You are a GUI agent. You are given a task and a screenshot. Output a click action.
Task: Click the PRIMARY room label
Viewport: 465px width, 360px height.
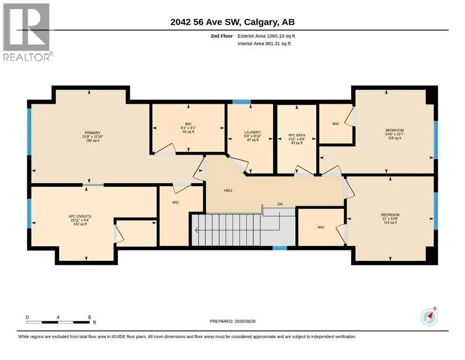point(93,133)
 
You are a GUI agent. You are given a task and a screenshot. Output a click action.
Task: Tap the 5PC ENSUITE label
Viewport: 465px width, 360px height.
point(80,217)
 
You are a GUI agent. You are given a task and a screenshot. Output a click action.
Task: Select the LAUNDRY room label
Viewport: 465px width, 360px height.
point(253,132)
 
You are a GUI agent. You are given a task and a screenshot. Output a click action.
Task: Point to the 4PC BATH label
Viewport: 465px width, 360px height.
point(296,135)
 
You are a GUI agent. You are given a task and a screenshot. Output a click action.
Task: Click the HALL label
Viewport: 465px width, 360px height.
point(229,190)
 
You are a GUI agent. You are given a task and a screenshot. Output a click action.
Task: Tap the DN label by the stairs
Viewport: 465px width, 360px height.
point(280,204)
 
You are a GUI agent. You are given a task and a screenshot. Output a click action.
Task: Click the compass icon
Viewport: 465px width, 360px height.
point(429,317)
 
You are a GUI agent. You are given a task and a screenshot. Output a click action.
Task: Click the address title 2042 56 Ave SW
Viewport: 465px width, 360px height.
point(207,22)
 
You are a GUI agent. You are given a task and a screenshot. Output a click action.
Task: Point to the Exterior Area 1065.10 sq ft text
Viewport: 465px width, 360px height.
point(266,36)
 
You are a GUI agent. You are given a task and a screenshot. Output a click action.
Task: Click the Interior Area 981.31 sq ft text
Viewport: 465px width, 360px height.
point(264,44)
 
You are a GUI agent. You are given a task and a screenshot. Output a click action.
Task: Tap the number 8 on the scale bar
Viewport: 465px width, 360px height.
point(89,317)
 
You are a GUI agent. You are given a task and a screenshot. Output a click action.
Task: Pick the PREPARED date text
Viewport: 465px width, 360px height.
point(232,321)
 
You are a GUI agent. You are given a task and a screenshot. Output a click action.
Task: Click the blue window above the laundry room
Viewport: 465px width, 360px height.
point(241,102)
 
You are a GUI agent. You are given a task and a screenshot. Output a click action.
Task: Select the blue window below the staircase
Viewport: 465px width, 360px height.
point(280,248)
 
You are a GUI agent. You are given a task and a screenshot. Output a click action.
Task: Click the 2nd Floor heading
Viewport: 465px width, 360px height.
point(221,36)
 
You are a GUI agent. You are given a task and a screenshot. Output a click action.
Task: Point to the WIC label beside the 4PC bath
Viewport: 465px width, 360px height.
point(336,124)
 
